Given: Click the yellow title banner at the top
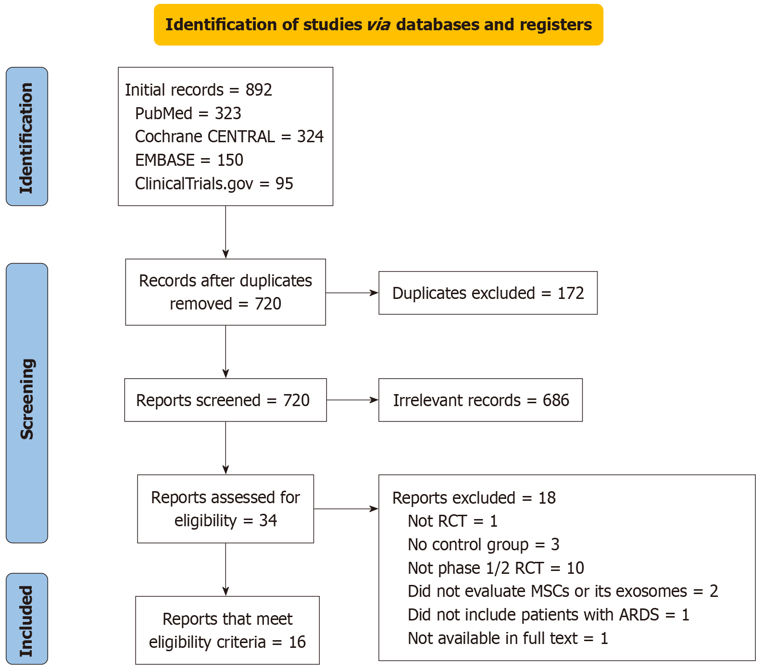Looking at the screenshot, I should click(x=378, y=25).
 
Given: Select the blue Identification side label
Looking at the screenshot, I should click(x=27, y=137).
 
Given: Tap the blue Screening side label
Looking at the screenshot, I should click(x=27, y=403).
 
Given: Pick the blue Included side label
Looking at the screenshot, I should click(x=27, y=619).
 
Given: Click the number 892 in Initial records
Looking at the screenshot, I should click(x=259, y=90).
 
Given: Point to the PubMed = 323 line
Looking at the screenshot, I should click(x=188, y=113).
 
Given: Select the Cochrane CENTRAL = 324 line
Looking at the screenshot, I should click(x=229, y=136).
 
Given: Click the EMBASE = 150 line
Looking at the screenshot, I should click(x=189, y=160).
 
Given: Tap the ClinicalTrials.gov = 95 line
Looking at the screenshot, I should click(x=214, y=184).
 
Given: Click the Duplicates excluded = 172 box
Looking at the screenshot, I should click(x=487, y=293).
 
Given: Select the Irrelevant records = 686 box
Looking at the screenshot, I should click(x=480, y=400).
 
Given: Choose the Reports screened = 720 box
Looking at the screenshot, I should click(x=225, y=400).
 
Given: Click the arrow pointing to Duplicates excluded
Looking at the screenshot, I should click(x=352, y=293).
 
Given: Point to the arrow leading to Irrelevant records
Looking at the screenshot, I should click(x=352, y=400).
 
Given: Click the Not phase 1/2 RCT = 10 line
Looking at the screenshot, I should click(x=496, y=568).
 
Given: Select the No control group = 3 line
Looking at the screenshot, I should click(x=483, y=545).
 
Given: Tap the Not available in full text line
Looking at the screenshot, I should click(x=508, y=638).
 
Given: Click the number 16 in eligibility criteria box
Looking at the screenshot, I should click(x=297, y=642).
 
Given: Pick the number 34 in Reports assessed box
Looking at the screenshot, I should click(x=268, y=520).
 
